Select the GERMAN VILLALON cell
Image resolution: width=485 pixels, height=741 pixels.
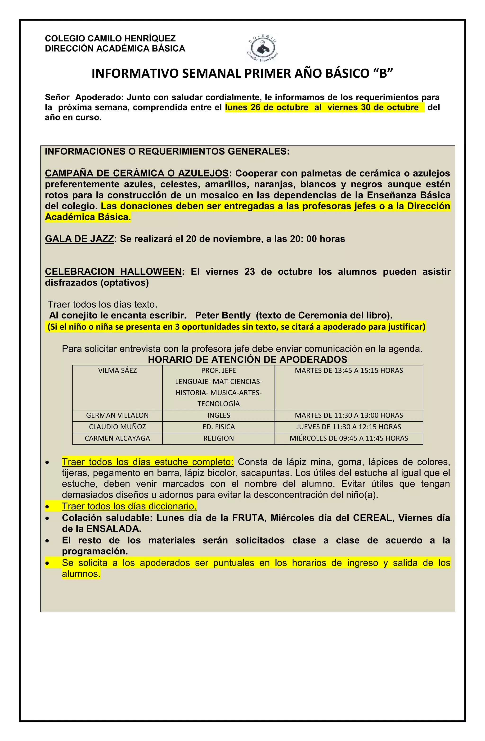pos(117,415)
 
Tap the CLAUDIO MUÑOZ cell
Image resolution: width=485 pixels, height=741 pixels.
pos(117,427)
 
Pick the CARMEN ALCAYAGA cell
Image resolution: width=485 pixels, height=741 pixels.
pos(117,438)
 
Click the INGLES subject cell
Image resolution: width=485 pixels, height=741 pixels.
pos(219,415)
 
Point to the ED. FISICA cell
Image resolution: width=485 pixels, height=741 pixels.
pos(219,427)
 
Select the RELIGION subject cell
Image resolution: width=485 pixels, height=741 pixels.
pos(219,438)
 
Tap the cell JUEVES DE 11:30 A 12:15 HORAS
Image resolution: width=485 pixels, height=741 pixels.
pos(349,427)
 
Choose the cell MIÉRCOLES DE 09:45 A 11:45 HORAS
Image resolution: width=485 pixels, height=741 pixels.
pos(349,438)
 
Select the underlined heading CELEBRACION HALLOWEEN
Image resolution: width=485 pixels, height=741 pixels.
pos(113,272)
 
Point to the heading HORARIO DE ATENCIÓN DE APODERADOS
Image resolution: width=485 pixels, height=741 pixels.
pos(247,360)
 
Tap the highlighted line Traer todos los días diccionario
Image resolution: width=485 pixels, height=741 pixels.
pos(129,507)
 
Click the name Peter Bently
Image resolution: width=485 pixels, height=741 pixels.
pos(223,315)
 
